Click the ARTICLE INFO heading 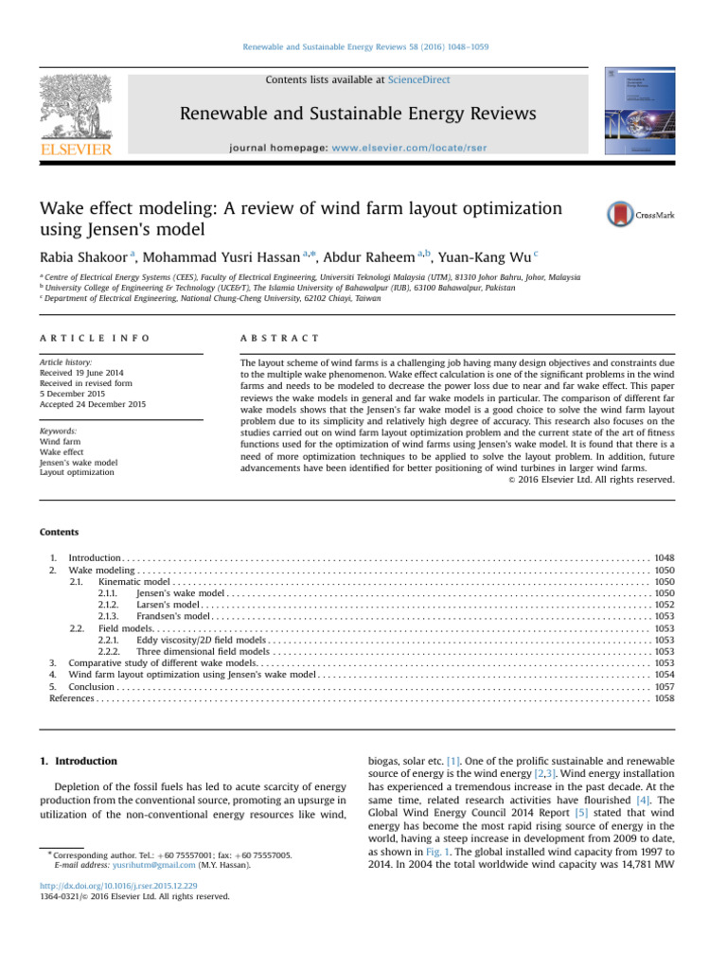point(94,338)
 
